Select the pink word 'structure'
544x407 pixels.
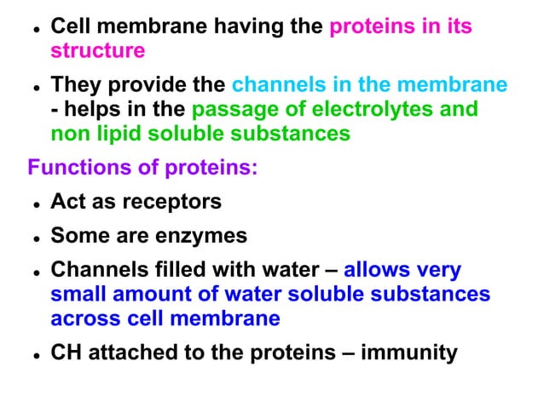(97, 51)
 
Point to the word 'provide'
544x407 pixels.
(150, 86)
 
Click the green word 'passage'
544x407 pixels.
(240, 110)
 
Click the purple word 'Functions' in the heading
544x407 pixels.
(74, 168)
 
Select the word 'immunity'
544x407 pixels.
(410, 353)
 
